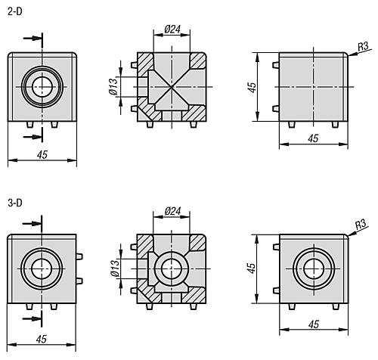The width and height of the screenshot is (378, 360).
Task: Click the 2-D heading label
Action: (15, 11)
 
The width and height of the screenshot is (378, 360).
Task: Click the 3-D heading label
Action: (15, 203)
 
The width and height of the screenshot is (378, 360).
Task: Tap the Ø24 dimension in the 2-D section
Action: (172, 29)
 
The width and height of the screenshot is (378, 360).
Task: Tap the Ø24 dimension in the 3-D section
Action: (172, 211)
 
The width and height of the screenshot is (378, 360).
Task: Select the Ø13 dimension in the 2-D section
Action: (113, 86)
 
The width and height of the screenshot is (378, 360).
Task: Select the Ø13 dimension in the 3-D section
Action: (115, 268)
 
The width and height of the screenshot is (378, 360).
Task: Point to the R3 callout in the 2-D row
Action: (363, 47)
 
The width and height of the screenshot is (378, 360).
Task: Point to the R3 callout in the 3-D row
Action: (361, 224)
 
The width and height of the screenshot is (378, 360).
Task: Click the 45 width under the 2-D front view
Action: (42, 154)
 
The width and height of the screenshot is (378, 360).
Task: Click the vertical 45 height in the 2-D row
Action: (252, 87)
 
